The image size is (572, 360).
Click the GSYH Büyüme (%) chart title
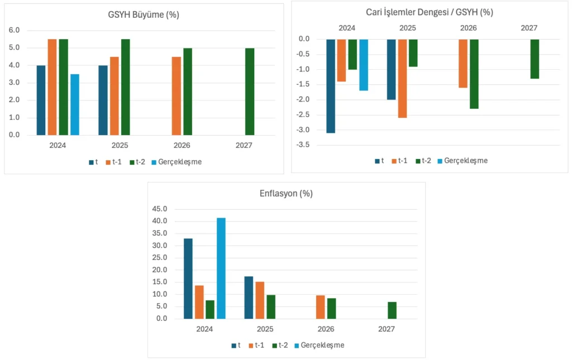point(143,15)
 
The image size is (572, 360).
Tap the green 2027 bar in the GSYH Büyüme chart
point(250,92)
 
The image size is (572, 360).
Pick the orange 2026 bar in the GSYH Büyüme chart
point(176,96)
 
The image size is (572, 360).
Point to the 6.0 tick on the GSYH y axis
point(15,30)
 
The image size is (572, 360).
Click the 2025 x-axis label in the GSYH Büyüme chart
point(120,145)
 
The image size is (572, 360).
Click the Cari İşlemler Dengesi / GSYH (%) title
point(429,12)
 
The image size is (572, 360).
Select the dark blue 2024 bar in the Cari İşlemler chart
point(331,86)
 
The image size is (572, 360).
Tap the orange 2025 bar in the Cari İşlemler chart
point(402,78)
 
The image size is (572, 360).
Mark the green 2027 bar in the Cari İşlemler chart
point(535,59)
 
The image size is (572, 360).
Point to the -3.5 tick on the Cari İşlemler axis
point(304,145)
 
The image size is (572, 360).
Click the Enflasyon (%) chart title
point(286,195)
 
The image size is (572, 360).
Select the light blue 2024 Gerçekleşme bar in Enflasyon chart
point(221,268)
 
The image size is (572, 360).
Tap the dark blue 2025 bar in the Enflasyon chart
point(249,297)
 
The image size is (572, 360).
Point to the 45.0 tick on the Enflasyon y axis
point(159,209)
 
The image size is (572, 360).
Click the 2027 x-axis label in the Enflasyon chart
point(386,329)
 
